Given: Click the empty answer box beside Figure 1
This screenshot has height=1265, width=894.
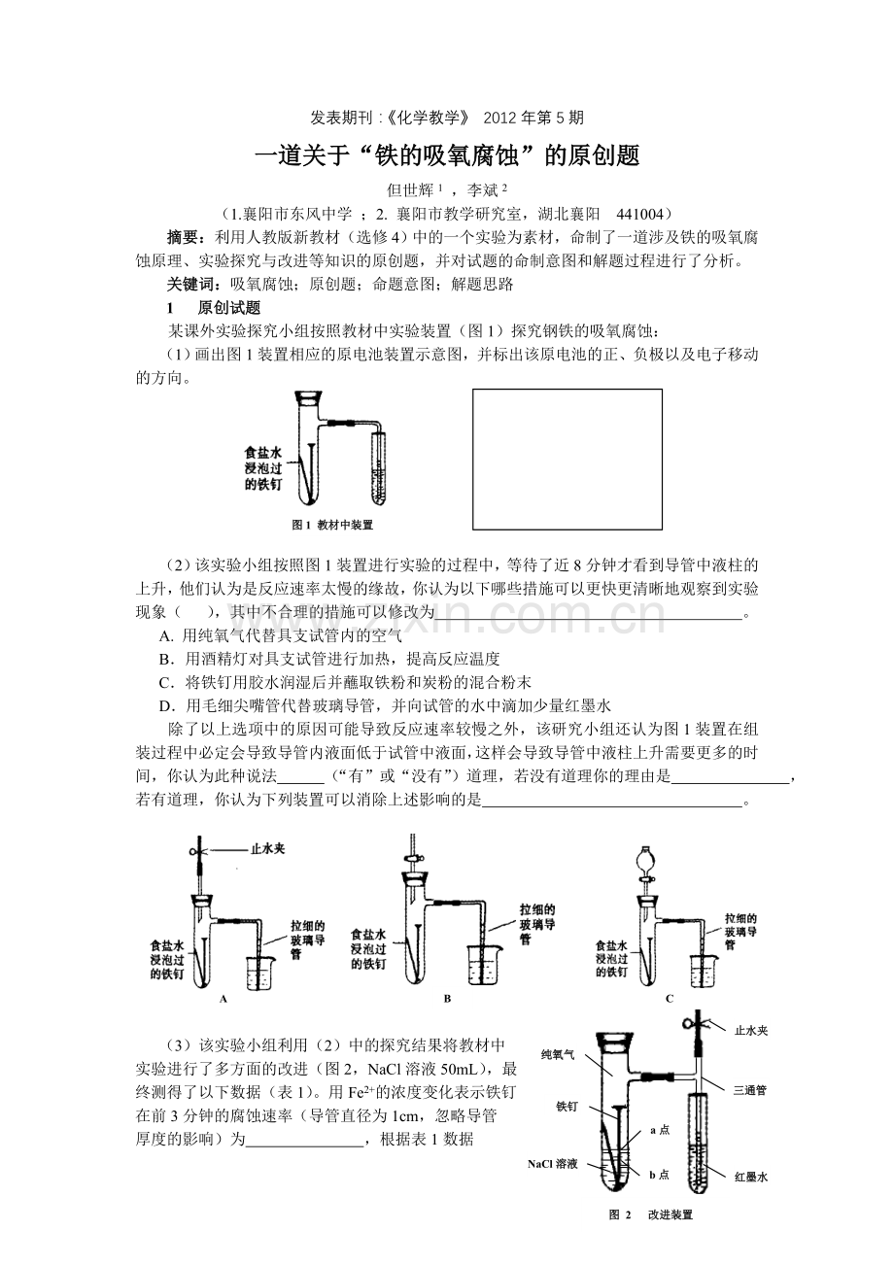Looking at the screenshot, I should coord(567,459).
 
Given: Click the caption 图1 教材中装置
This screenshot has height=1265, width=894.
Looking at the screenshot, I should coord(332,525).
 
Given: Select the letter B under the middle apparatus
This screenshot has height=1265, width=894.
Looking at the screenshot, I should coord(447,998).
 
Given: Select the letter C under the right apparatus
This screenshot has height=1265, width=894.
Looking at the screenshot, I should coord(670,998).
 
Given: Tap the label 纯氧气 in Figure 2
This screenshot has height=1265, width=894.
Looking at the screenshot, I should coord(559,1053).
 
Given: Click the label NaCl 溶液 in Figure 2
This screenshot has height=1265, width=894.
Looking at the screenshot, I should coord(553,1163).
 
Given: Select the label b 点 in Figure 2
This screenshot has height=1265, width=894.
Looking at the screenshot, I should coord(660,1175).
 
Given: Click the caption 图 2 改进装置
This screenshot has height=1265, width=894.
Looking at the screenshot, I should coord(650,1214).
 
